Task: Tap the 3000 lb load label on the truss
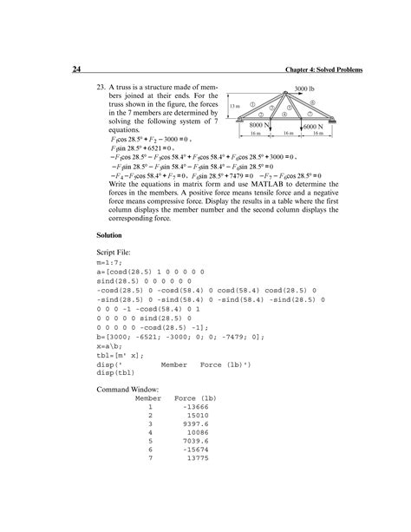(x=304, y=89)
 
